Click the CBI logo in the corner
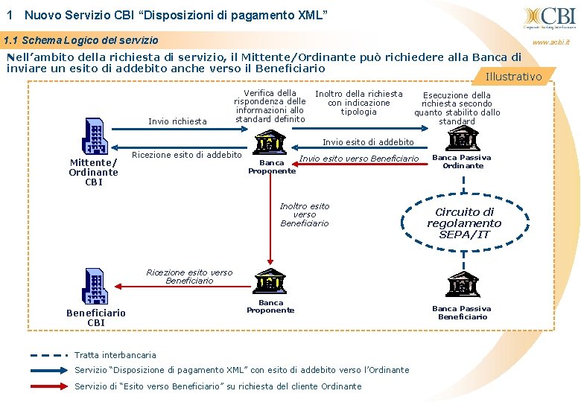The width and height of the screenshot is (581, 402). [x=550, y=16]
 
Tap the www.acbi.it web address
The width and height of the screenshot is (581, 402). [x=552, y=42]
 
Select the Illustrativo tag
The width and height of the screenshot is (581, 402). [x=514, y=77]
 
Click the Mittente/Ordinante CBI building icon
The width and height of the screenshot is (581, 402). [x=94, y=137]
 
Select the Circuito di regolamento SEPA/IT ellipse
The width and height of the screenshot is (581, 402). [x=463, y=223]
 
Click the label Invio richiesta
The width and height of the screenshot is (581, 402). [x=177, y=121]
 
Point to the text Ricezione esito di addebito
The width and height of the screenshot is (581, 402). [x=186, y=155]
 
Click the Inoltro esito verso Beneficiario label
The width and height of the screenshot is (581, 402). [x=304, y=214]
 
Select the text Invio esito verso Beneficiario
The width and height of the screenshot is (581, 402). [x=359, y=159]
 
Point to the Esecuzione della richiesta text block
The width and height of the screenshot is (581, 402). [x=457, y=108]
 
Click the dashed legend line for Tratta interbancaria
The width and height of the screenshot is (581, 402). [x=48, y=355]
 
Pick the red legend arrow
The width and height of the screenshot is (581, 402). [x=48, y=386]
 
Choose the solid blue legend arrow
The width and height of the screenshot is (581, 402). [x=48, y=370]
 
